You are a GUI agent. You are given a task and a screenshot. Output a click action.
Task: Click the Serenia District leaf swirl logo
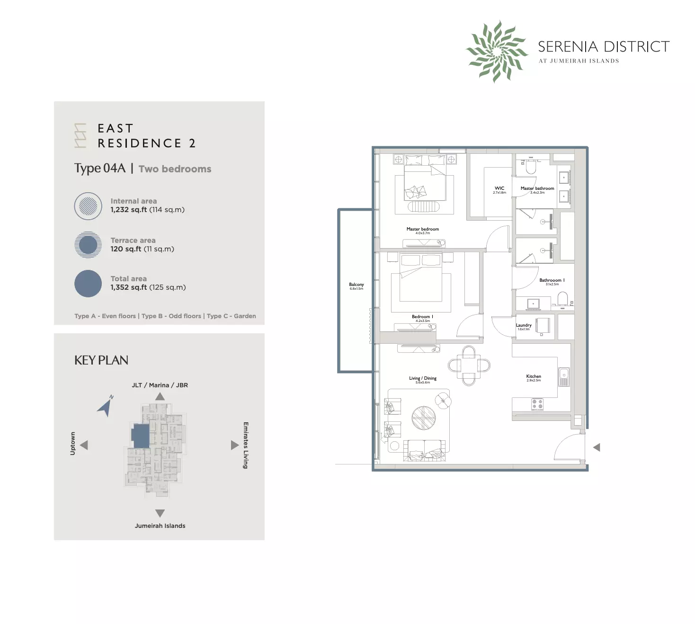point(497,51)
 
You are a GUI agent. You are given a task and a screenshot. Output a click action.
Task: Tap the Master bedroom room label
point(422,229)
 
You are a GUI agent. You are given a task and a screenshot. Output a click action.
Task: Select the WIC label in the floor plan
point(499,188)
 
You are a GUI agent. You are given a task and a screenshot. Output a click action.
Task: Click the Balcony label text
point(356,285)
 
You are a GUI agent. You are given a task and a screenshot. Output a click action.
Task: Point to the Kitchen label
point(534,376)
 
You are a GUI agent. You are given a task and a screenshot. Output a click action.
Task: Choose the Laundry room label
point(524,325)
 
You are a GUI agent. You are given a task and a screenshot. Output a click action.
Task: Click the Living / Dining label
point(423,378)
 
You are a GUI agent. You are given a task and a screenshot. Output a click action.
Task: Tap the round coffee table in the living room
point(423,418)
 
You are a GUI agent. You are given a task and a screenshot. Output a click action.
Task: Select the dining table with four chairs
point(469,365)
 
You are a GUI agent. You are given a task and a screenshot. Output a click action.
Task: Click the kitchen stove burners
point(537,404)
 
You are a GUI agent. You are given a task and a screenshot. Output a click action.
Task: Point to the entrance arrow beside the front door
point(597,447)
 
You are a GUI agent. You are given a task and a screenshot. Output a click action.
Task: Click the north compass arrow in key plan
point(106,406)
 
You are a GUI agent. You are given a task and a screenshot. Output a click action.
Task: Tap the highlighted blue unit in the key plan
point(140,436)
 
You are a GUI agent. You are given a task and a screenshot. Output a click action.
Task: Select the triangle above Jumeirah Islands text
point(160,513)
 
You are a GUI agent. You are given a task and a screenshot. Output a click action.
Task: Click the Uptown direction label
point(72,444)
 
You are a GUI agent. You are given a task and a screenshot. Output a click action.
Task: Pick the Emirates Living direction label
point(245,445)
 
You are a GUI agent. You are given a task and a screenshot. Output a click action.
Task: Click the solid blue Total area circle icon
point(88,284)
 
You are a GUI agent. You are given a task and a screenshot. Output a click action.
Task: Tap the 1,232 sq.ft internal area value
point(129,210)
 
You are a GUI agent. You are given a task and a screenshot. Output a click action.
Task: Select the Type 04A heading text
point(100,169)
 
